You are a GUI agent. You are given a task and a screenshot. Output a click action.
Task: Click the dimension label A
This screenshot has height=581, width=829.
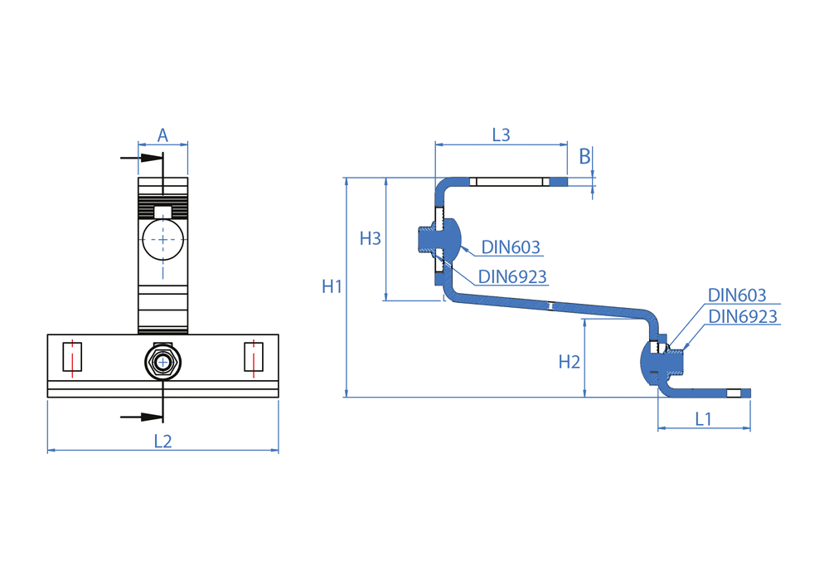pyautogui.click(x=162, y=134)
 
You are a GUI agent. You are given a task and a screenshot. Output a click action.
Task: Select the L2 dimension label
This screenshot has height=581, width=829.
pyautogui.click(x=162, y=442)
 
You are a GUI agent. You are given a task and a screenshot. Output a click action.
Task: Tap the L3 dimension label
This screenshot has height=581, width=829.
pyautogui.click(x=501, y=134)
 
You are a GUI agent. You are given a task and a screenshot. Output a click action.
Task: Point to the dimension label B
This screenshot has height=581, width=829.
pyautogui.click(x=584, y=155)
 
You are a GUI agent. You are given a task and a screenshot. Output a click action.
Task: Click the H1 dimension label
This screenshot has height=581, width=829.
pyautogui.click(x=332, y=287)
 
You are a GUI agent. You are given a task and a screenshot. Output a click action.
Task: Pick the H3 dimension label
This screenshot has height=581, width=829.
pyautogui.click(x=370, y=239)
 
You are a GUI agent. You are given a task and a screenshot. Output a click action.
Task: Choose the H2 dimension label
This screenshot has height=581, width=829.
pyautogui.click(x=569, y=362)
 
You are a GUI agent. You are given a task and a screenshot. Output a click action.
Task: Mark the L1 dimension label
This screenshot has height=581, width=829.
pyautogui.click(x=703, y=419)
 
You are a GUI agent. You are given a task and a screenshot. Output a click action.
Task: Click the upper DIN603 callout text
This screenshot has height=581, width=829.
pyautogui.click(x=511, y=247)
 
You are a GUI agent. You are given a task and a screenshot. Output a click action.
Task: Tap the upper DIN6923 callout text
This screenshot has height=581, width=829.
pyautogui.click(x=512, y=277)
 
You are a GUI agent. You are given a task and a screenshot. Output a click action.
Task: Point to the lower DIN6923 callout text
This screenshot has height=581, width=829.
pyautogui.click(x=743, y=316)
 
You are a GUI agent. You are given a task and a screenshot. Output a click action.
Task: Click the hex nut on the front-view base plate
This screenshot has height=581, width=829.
pyautogui.click(x=162, y=362)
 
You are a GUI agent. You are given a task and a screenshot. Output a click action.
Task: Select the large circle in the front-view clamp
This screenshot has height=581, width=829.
pyautogui.click(x=162, y=240)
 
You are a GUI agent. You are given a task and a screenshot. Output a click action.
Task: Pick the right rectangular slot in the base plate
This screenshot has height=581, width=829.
pyautogui.click(x=254, y=356)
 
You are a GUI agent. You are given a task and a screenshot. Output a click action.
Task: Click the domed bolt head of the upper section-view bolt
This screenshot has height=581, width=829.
pyautogui.click(x=448, y=239)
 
